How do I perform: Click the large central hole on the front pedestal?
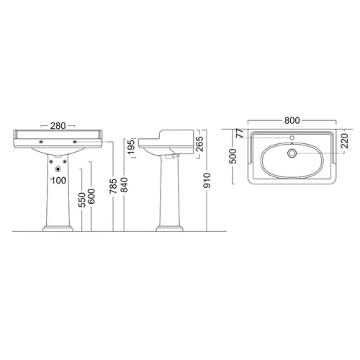pyautogui.click(x=58, y=170)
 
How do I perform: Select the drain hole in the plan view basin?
pyautogui.click(x=292, y=152)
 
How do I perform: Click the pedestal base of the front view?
pyautogui.click(x=58, y=229)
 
